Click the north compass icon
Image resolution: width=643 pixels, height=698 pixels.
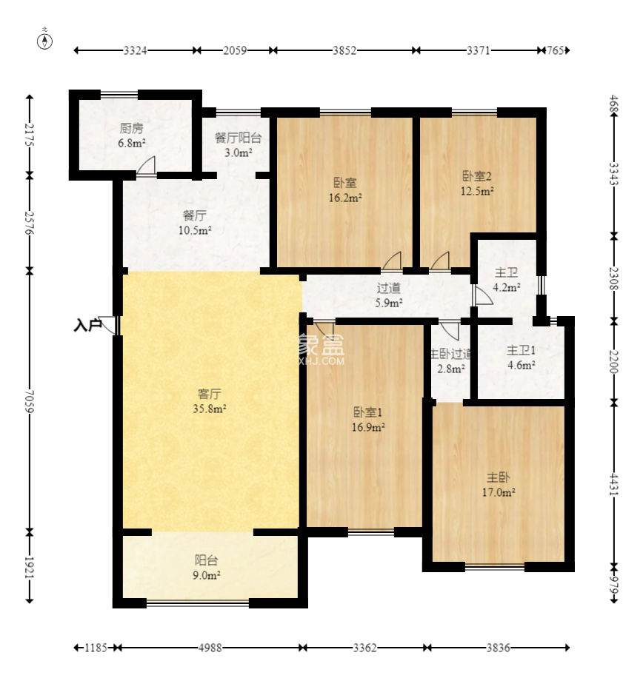(x=45, y=41)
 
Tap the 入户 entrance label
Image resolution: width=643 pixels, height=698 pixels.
(x=87, y=326)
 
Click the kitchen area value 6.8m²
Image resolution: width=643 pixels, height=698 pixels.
(x=131, y=144)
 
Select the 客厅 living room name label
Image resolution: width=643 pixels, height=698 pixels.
(x=210, y=394)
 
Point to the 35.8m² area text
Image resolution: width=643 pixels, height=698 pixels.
(x=210, y=409)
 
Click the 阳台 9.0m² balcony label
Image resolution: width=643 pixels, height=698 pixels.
(x=207, y=568)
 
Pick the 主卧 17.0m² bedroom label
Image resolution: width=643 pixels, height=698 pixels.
(x=499, y=485)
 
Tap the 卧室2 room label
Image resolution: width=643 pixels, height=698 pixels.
(x=476, y=176)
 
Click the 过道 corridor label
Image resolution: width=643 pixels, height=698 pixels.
(x=389, y=288)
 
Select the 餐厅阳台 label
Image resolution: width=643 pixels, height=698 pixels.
(x=238, y=138)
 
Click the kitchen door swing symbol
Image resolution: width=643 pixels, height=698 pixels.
(x=147, y=166)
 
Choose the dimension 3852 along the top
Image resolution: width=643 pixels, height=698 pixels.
(x=344, y=50)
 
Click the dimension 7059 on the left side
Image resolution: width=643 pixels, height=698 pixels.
(x=30, y=401)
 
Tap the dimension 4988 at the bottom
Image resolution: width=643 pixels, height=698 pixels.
(x=210, y=648)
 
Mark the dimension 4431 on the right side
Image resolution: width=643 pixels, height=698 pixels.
(x=614, y=485)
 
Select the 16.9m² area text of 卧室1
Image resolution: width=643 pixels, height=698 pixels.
(x=368, y=427)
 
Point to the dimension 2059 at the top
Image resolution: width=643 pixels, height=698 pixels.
(x=235, y=50)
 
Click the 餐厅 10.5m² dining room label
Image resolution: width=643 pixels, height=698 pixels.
(x=195, y=223)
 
